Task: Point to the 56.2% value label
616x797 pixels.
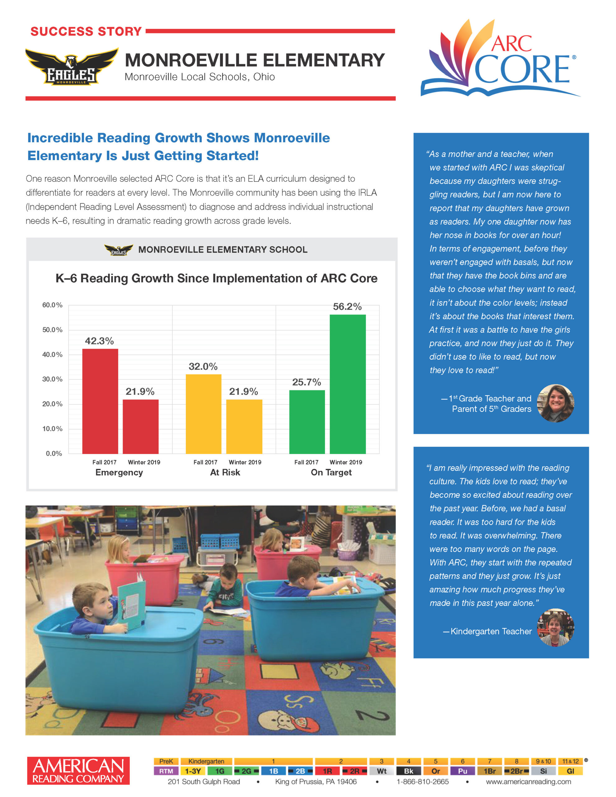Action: (347, 307)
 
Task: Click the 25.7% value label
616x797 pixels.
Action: (307, 382)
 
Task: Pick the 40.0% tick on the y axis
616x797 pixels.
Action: (52, 354)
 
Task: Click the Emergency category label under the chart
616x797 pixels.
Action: (119, 472)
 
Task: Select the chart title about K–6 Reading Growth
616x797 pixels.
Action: (216, 278)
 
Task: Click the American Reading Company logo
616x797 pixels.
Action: (78, 771)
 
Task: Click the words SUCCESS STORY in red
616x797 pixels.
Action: (86, 31)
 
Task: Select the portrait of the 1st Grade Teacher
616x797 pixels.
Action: (556, 403)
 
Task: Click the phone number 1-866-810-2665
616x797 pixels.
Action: (423, 782)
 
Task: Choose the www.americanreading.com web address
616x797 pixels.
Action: (528, 782)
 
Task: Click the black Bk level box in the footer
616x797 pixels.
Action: (408, 771)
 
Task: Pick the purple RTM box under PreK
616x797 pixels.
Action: (166, 771)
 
